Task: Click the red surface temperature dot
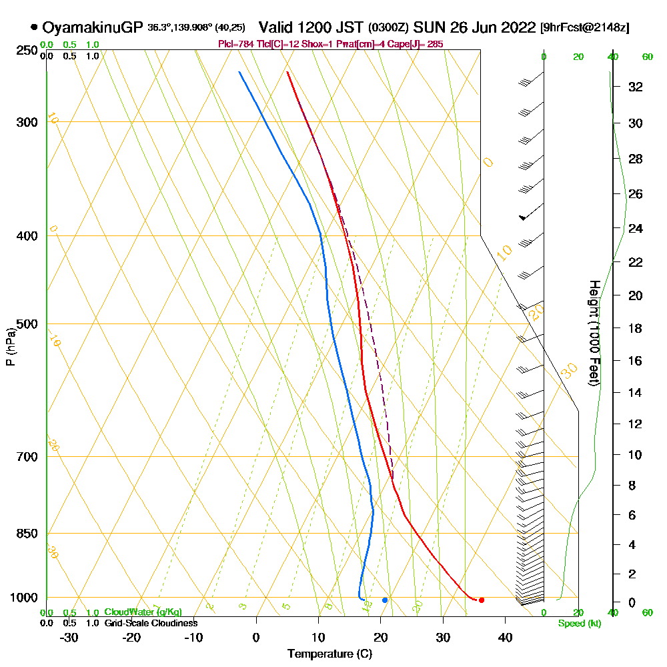point(482,600)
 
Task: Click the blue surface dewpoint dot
point(385,600)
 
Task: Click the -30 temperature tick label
point(69,638)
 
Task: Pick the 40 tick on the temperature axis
point(505,638)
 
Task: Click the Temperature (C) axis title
point(329,654)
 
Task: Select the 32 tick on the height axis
point(636,87)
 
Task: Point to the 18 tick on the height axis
point(636,328)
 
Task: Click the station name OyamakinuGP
point(92,28)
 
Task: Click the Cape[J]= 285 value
point(424,44)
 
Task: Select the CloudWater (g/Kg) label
point(143,612)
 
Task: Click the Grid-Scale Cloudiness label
point(150,623)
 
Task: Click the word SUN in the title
point(427,28)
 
